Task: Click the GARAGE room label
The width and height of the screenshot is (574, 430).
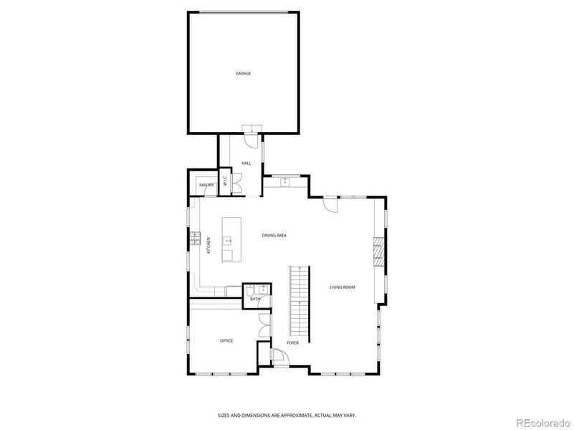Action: pyautogui.click(x=244, y=73)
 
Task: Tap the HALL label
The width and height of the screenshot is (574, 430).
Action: pyautogui.click(x=246, y=163)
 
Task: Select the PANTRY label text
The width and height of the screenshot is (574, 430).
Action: pyautogui.click(x=207, y=186)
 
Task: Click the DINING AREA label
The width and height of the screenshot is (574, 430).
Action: pyautogui.click(x=274, y=235)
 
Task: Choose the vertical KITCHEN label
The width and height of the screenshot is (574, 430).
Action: pyautogui.click(x=209, y=245)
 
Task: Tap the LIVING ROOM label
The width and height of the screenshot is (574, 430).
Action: pyautogui.click(x=342, y=287)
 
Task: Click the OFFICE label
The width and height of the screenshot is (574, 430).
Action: pyautogui.click(x=226, y=340)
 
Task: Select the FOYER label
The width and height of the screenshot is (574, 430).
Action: pyautogui.click(x=292, y=343)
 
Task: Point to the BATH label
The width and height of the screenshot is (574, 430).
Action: pyautogui.click(x=254, y=299)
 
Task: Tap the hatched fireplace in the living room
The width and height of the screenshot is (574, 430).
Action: pyautogui.click(x=378, y=252)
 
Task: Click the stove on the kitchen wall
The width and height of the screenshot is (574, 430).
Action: pyautogui.click(x=193, y=238)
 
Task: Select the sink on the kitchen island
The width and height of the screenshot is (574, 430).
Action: pyautogui.click(x=228, y=242)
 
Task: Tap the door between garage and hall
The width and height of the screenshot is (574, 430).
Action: pyautogui.click(x=252, y=129)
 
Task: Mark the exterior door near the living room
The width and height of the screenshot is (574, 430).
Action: pyautogui.click(x=330, y=204)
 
